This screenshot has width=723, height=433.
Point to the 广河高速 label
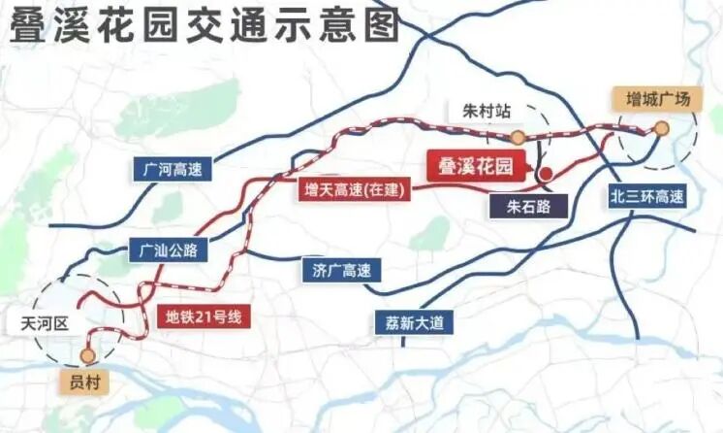[x=171, y=168]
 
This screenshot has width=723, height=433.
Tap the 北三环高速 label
[x=646, y=195]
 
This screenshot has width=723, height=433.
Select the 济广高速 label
[x=335, y=270]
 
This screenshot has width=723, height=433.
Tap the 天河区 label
[x=40, y=321]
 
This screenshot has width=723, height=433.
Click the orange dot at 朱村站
[x=519, y=137]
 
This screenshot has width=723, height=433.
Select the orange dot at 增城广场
[x=661, y=127]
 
